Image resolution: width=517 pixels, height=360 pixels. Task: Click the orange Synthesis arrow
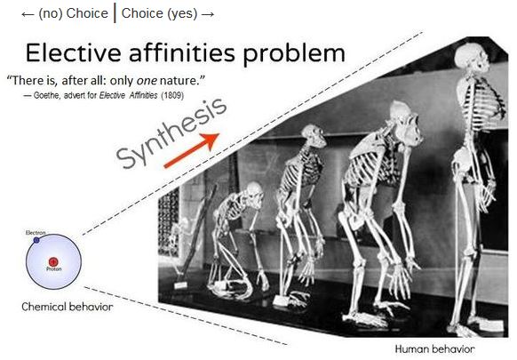coord(192,150)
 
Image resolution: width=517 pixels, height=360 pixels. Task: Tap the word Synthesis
coord(171,133)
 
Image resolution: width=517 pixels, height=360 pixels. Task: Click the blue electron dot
coord(36,240)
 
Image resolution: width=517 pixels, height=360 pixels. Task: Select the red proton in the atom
coord(53,262)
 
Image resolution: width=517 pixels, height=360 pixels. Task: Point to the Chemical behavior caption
coord(68,307)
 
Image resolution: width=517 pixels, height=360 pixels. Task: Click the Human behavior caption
coord(435,348)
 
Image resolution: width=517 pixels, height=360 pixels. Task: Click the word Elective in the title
coord(73,52)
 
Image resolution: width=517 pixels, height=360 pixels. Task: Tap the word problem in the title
coord(294,54)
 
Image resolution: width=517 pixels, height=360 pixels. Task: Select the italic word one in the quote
coord(147,80)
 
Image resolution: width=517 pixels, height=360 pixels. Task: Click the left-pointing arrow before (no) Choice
coord(28,14)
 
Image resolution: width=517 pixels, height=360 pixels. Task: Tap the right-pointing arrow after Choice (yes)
coord(208,14)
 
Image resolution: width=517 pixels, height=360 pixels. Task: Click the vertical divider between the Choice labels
coord(115,13)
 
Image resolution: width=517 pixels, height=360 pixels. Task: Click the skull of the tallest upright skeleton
coord(471,58)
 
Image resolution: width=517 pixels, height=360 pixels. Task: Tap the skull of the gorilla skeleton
coord(406,122)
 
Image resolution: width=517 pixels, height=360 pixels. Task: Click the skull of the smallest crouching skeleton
coord(255,194)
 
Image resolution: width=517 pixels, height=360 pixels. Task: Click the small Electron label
coord(36,233)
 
